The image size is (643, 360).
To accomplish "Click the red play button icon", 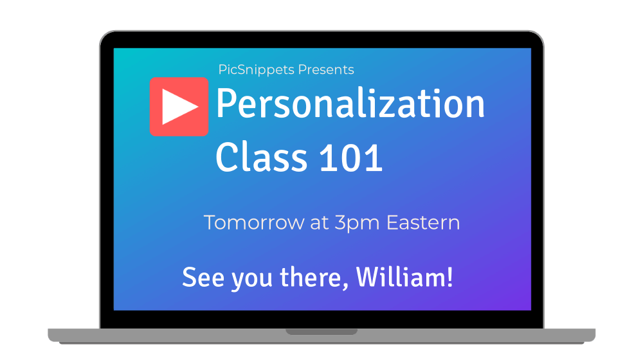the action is [179, 107].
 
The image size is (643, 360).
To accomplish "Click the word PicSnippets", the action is [257, 70].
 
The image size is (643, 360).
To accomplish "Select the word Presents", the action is [326, 69].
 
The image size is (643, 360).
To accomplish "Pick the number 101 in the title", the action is [350, 157].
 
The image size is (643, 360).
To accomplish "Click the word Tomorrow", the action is [254, 222].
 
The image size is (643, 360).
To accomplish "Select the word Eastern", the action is [423, 222].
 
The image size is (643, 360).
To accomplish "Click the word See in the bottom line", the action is [203, 278].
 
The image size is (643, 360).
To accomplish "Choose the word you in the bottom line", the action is [252, 280].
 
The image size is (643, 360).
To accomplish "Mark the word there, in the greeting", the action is [314, 278].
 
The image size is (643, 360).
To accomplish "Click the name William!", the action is [404, 277].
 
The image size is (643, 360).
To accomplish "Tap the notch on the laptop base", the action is [321, 331].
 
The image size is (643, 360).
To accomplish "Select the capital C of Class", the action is [227, 157].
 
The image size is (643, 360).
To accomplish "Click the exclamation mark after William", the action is [450, 277].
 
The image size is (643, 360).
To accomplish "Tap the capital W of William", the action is [368, 277].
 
